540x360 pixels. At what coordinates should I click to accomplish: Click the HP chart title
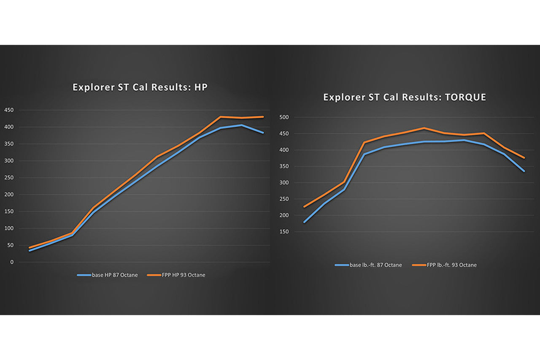[x=140, y=87]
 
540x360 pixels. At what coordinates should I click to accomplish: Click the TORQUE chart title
[x=405, y=97]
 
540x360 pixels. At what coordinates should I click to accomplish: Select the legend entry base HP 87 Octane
[x=107, y=275]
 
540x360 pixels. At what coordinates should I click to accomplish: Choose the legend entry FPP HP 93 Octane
[x=176, y=275]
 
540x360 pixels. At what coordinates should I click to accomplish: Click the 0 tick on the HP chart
[x=11, y=262]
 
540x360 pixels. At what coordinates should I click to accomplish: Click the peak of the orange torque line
[x=424, y=128]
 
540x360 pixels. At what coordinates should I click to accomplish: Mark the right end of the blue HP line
[x=263, y=133]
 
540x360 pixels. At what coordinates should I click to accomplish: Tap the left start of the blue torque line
[x=304, y=222]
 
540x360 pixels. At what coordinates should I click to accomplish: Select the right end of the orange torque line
[x=524, y=158]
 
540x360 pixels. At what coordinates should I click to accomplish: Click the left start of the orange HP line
[x=29, y=248]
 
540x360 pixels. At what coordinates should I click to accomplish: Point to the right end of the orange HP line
[x=263, y=117]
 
